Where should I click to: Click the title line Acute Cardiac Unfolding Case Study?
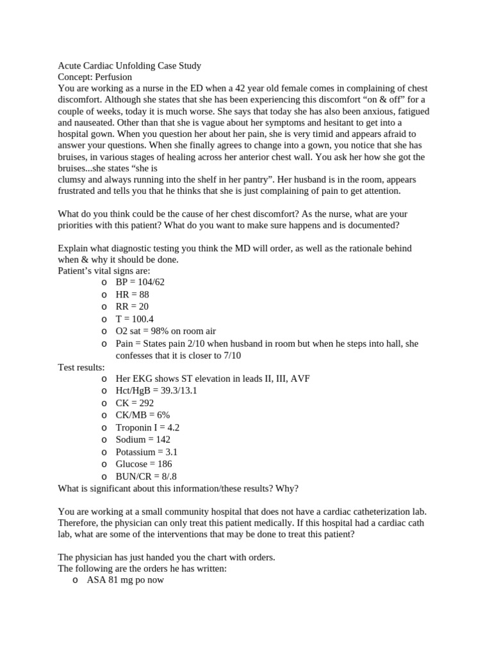tap(129, 65)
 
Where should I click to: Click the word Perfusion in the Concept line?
tap(113, 77)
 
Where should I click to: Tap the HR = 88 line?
tap(132, 294)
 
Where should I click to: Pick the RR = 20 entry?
tap(132, 306)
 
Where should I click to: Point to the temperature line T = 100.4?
tap(135, 319)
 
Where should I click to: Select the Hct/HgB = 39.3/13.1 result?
tap(156, 391)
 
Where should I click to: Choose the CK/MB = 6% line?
tap(142, 415)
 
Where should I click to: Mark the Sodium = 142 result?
tap(143, 439)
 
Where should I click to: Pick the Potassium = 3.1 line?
tap(147, 452)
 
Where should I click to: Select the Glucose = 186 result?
tap(143, 464)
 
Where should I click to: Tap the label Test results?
tap(81, 367)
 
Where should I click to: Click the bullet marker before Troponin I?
tap(104, 428)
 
